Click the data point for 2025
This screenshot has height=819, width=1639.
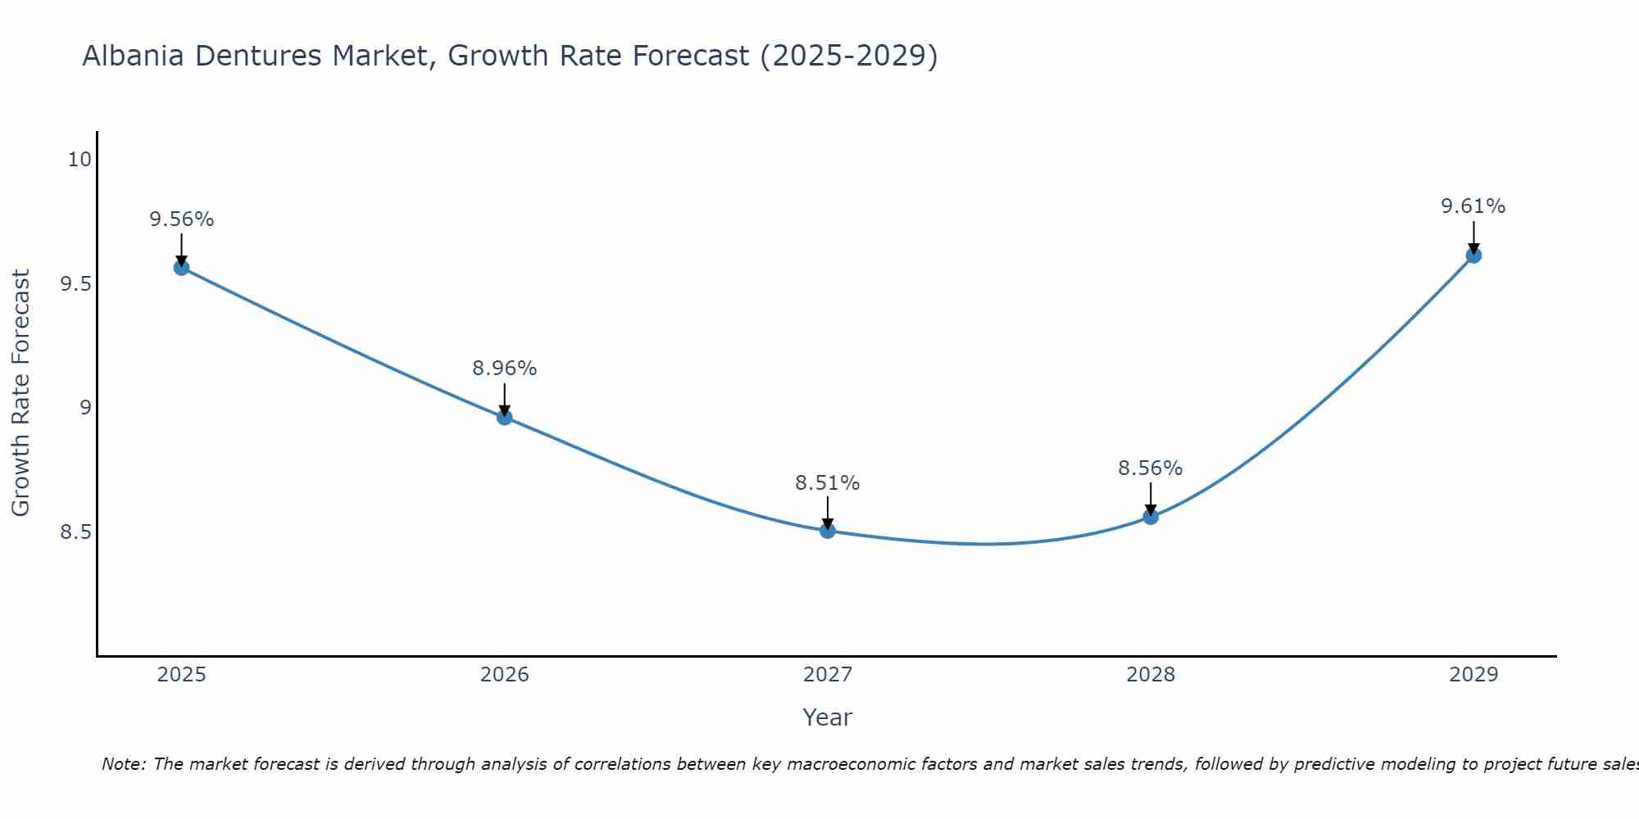coord(181,267)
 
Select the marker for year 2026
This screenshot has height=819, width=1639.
coord(505,417)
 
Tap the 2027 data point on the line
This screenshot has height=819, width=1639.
coord(828,531)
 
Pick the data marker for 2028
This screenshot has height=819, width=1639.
coord(1151,517)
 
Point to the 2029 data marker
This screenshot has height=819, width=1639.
coord(1473,255)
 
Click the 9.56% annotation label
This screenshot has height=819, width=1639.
coord(181,219)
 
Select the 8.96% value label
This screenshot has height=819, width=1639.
coord(505,369)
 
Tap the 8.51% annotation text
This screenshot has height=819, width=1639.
coord(828,483)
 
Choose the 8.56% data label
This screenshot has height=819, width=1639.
coord(1151,468)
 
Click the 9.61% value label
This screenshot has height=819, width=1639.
coord(1473,206)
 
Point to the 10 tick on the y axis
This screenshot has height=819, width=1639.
coord(79,160)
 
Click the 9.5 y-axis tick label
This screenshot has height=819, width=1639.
coord(75,284)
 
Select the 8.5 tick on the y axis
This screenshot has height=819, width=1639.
coord(75,533)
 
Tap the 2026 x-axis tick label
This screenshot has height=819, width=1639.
coord(505,675)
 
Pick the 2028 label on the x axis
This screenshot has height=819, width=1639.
coord(1151,675)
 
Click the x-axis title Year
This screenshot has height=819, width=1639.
coord(828,717)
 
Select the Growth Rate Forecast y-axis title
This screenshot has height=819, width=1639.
coord(20,393)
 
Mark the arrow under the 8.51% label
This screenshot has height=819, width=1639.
coord(828,514)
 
